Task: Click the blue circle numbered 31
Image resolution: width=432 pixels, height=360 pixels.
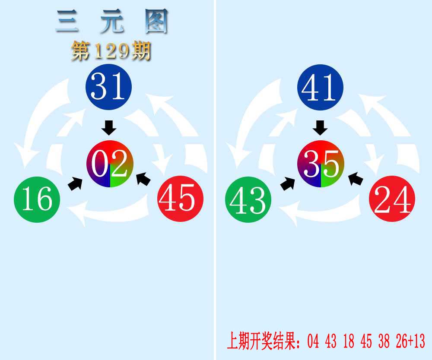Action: tap(108, 87)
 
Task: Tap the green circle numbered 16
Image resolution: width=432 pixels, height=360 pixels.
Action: tap(37, 199)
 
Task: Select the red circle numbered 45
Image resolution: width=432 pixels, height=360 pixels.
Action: tap(181, 199)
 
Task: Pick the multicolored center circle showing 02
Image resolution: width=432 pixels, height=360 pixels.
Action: tap(110, 164)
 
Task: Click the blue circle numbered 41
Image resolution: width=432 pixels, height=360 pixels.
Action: tap(320, 87)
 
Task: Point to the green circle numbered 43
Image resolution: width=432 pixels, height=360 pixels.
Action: tap(248, 199)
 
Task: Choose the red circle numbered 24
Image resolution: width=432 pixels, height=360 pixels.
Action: tap(392, 199)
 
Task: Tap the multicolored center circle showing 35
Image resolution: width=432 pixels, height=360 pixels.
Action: tap(321, 164)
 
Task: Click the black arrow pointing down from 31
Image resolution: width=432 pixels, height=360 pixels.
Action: tap(109, 128)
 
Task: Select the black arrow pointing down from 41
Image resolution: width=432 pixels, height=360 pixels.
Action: tap(320, 128)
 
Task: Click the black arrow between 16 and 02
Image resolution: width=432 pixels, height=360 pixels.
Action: tap(75, 183)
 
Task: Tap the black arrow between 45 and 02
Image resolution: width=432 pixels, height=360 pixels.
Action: tap(143, 179)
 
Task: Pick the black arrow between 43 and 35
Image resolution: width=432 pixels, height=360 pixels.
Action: tap(287, 183)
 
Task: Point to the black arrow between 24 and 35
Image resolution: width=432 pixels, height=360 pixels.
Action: tap(356, 179)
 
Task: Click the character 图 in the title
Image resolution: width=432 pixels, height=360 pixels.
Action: tap(156, 21)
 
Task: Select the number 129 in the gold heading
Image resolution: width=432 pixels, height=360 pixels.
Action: tap(111, 51)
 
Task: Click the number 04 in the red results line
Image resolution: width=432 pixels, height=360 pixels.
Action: tap(313, 341)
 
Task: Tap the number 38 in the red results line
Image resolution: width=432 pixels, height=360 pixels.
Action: tap(384, 341)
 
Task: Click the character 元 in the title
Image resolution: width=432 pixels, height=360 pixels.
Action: tap(112, 21)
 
